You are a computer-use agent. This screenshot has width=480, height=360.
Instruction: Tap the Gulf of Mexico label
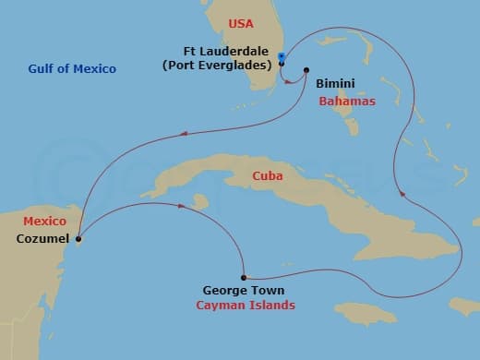(73, 68)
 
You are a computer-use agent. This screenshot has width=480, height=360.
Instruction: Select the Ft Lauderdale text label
(227, 53)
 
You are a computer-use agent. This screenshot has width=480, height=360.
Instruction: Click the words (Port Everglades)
(227, 66)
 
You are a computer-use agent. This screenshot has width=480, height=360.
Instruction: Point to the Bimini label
(333, 84)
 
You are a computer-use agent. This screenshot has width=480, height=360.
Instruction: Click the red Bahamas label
(347, 101)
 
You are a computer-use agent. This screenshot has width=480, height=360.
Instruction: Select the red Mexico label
(44, 222)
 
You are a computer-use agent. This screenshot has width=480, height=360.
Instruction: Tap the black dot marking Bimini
(306, 71)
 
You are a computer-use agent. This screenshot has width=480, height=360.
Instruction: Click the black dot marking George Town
(243, 277)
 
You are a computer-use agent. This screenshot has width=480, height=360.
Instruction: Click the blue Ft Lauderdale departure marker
(281, 57)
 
